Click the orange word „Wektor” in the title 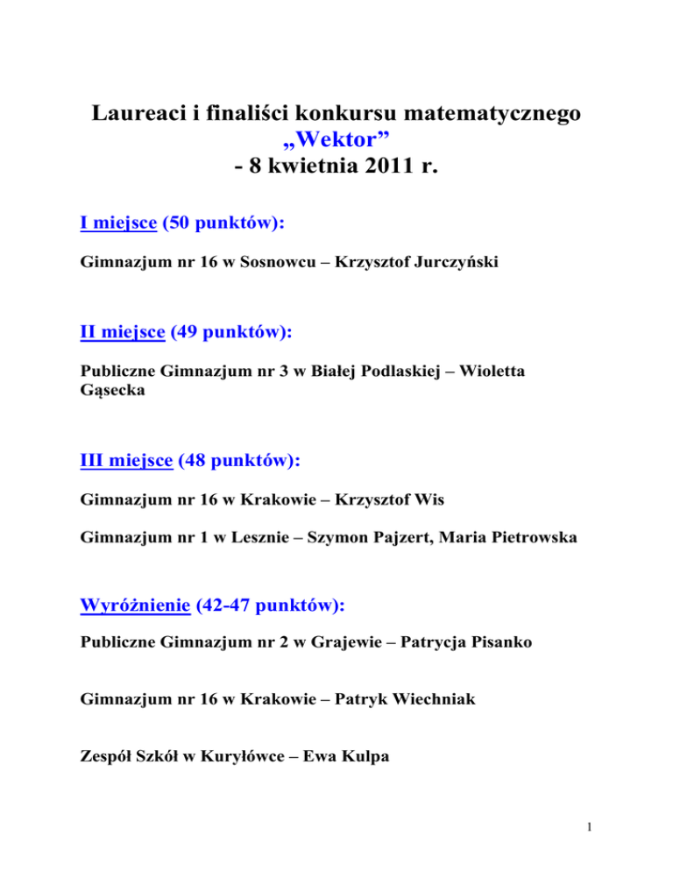(336, 147)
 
